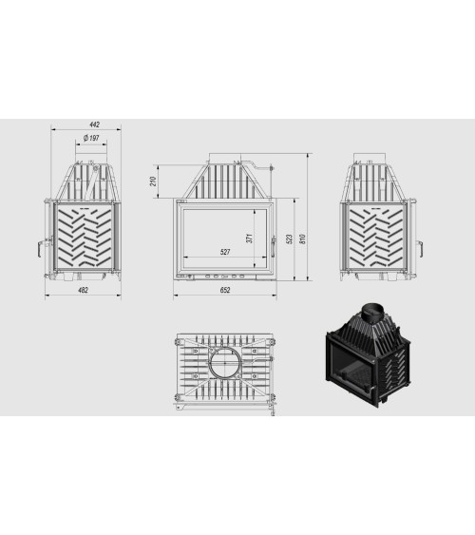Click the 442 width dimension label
click(x=94, y=124)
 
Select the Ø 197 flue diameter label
click(x=91, y=138)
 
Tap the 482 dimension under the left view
click(x=83, y=290)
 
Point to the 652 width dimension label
click(x=225, y=290)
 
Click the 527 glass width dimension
click(x=225, y=252)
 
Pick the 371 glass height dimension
click(x=250, y=239)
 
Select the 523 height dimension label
click(x=290, y=239)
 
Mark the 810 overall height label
click(x=302, y=239)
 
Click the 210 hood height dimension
click(x=153, y=182)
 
